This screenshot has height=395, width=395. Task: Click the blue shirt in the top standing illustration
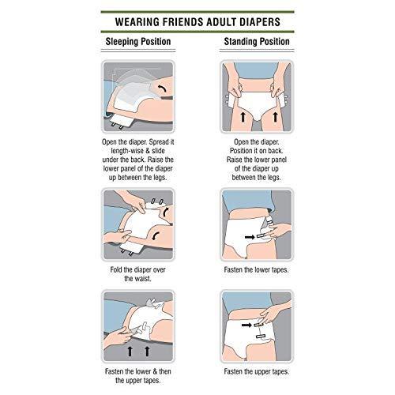coord(258,70)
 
